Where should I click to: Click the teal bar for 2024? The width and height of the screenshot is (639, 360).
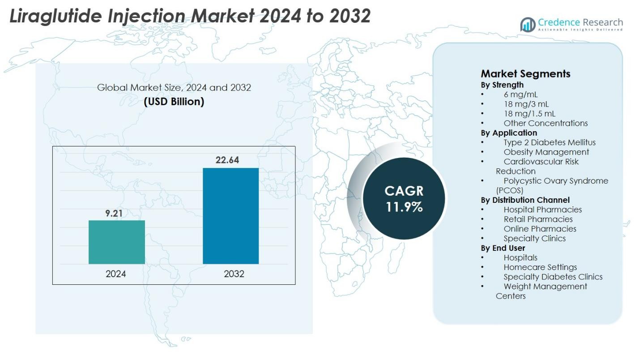point(117,242)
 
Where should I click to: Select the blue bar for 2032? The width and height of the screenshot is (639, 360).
point(230,216)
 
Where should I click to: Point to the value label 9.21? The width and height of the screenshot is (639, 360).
point(114,214)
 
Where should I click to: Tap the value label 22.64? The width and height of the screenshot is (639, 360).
point(227,160)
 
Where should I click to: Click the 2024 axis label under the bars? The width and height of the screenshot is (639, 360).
point(116,274)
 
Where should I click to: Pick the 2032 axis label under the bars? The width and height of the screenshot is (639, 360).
point(234,274)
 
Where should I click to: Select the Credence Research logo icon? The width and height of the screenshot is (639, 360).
point(528,25)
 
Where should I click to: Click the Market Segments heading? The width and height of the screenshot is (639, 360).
point(525,73)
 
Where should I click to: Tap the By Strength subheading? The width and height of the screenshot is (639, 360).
point(502,85)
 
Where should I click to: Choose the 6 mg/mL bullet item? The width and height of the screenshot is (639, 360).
point(520,94)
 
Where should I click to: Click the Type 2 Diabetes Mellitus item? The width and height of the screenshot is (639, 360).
point(550,142)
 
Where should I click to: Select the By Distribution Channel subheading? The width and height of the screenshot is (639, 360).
point(525,200)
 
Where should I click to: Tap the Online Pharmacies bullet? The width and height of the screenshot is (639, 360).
point(540,229)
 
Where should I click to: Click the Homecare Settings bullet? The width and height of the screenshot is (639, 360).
point(540,267)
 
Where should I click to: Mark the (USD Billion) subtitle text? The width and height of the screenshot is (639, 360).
point(174,102)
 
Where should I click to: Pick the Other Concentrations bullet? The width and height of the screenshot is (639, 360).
point(545,123)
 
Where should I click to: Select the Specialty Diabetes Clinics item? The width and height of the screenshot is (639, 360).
point(553,277)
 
